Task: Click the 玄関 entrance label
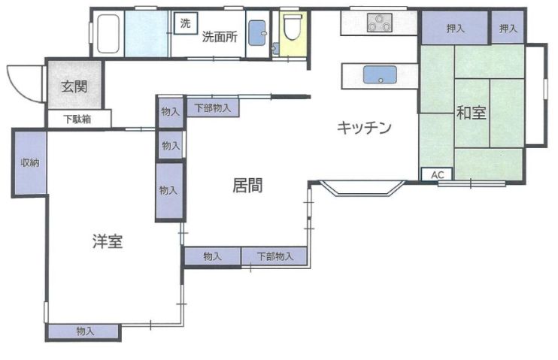click(x=74, y=86)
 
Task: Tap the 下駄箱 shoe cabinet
click(x=78, y=119)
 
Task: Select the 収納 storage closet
click(x=29, y=162)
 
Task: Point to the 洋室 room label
click(x=108, y=241)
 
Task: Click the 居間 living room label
click(x=247, y=186)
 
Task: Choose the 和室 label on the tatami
click(x=472, y=113)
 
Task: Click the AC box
click(x=437, y=174)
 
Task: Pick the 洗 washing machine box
click(x=185, y=23)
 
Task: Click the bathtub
click(x=108, y=35)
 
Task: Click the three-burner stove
click(x=380, y=23)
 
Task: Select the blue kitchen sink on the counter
click(x=380, y=75)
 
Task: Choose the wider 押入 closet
click(x=454, y=29)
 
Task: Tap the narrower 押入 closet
click(x=508, y=29)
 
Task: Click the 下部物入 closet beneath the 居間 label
click(x=274, y=256)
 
